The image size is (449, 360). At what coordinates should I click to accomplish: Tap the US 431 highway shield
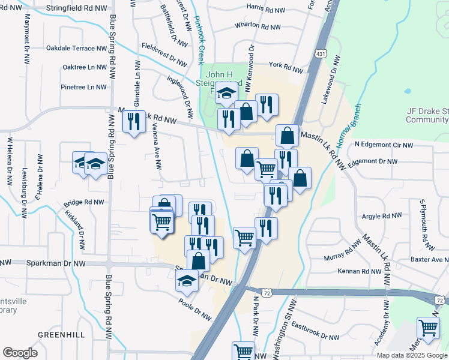[323, 53]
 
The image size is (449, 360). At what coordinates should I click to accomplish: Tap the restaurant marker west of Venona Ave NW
[133, 122]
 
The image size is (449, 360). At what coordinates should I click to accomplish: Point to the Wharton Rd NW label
[259, 26]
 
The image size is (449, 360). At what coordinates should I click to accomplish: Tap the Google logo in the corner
[20, 352]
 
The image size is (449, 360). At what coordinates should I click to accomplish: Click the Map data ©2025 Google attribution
[411, 355]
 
